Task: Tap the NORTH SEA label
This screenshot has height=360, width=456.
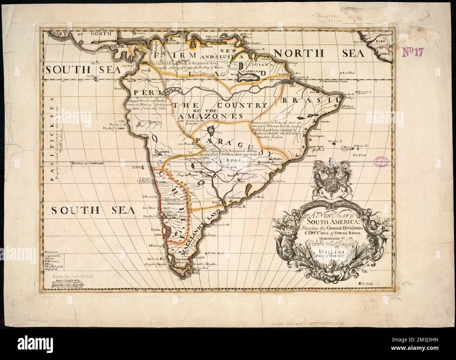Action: pyautogui.click(x=319, y=53)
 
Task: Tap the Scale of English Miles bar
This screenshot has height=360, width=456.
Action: pyautogui.click(x=67, y=288)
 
